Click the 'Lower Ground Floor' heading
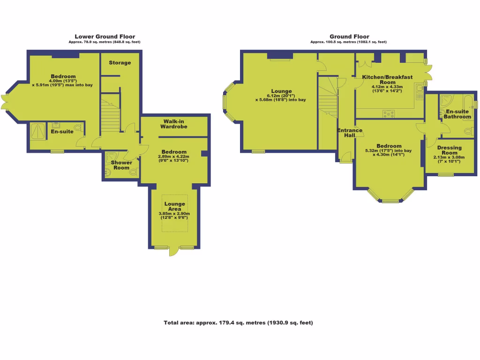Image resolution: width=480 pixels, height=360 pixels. click(105, 37)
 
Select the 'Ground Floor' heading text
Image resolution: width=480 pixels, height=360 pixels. click(349, 37)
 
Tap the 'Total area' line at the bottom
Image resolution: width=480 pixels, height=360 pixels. click(238, 322)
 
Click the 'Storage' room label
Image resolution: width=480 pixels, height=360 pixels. click(120, 63)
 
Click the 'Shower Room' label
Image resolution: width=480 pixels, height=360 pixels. click(121, 165)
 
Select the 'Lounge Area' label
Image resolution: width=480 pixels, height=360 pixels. click(174, 206)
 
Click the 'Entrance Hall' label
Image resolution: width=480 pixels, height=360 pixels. click(350, 133)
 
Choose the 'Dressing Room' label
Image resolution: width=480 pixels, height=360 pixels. click(450, 150)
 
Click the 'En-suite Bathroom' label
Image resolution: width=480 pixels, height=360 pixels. click(457, 114)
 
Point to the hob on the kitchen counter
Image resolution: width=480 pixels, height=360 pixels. click(389, 112)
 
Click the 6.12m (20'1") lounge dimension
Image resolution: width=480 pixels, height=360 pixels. click(281, 95)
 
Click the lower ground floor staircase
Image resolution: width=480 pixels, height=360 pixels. click(112, 112)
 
